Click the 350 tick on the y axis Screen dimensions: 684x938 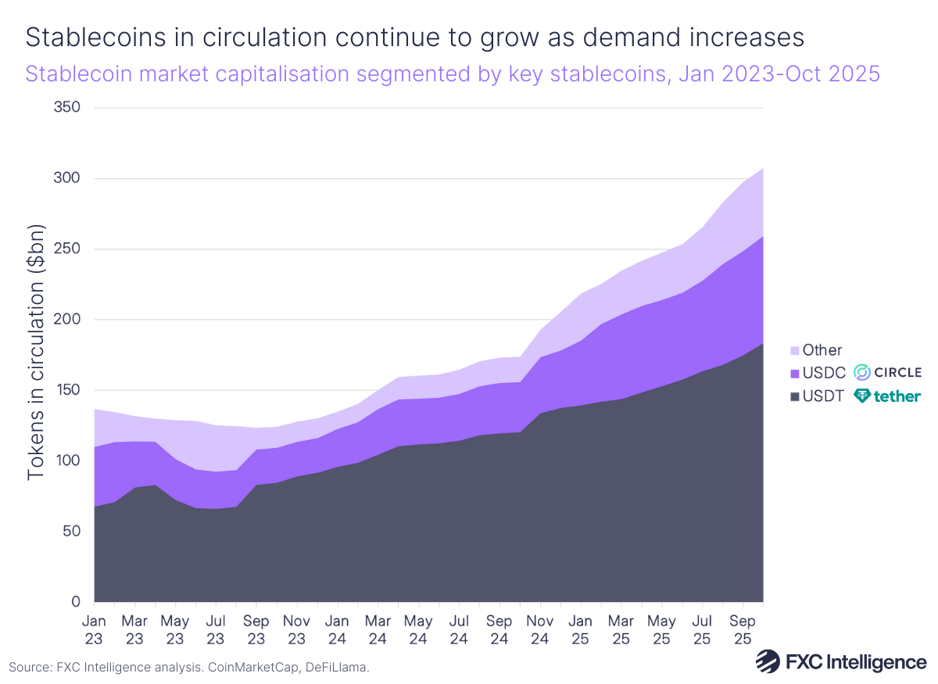click(66, 107)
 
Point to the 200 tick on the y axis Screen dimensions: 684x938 click(66, 320)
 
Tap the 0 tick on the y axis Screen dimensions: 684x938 click(77, 602)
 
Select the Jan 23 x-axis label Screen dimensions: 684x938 click(94, 629)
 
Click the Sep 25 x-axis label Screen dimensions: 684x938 click(742, 629)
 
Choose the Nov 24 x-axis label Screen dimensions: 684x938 click(539, 629)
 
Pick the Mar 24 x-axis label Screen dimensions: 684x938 click(378, 629)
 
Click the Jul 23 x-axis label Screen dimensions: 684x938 click(216, 629)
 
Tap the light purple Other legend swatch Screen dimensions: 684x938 click(795, 351)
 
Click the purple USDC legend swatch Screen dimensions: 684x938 click(795, 374)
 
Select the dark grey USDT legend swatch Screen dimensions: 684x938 click(795, 396)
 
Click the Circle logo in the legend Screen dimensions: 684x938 click(886, 372)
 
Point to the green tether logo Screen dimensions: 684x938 click(887, 396)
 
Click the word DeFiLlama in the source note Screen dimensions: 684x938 click(336, 668)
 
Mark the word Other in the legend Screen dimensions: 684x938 click(822, 351)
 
